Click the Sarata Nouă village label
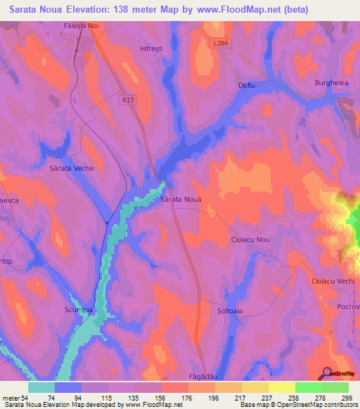(181, 200)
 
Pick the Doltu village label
(247, 86)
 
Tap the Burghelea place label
(331, 83)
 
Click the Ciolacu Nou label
(250, 240)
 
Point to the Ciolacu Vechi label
(333, 281)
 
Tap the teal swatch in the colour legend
(41, 387)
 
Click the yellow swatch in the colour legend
(281, 387)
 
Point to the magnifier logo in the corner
(328, 374)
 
